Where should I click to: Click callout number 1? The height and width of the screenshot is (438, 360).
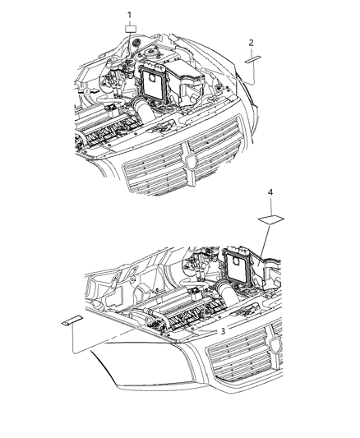[x=128, y=15]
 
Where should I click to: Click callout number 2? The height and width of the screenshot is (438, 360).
[x=252, y=42]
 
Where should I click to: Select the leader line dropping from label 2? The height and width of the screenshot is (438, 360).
[x=252, y=72]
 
